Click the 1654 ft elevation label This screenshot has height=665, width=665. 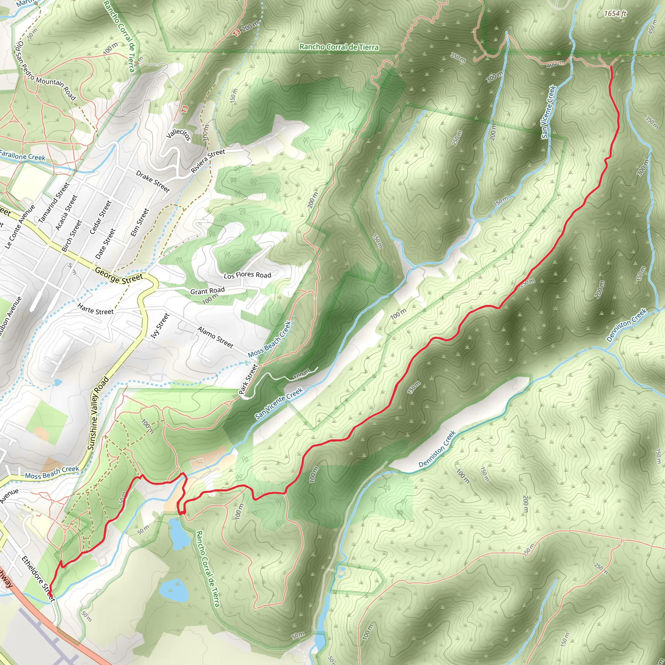[615, 14]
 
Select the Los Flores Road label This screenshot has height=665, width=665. [247, 275]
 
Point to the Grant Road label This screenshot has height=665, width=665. [207, 291]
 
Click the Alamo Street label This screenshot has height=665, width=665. [216, 337]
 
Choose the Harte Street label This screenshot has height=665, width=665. [95, 309]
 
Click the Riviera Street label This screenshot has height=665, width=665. [208, 161]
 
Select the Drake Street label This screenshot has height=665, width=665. [153, 182]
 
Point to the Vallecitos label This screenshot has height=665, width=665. [178, 134]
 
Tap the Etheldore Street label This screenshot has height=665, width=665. [38, 579]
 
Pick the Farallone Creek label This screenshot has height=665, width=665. [22, 156]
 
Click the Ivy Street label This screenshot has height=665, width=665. [160, 326]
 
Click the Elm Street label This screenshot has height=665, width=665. [140, 222]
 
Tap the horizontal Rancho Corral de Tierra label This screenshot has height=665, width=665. [339, 47]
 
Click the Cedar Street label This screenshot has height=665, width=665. [101, 217]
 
